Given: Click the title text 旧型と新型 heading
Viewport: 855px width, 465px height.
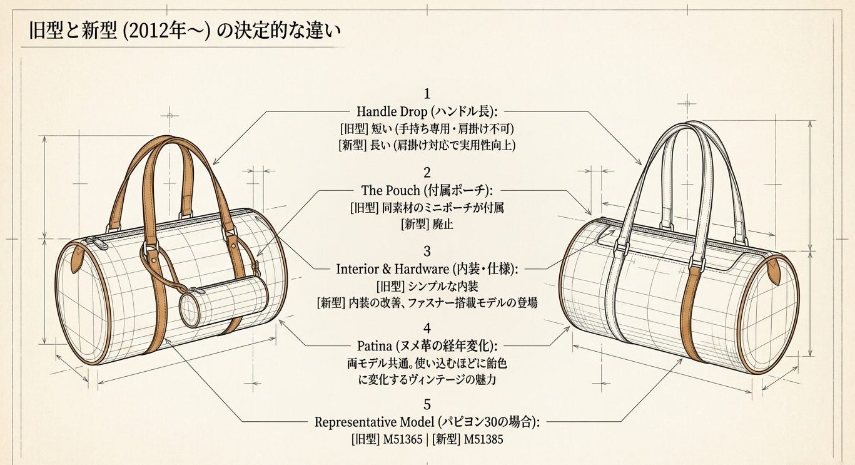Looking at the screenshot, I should (181, 32).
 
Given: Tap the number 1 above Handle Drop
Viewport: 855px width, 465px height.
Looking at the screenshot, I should (427, 95).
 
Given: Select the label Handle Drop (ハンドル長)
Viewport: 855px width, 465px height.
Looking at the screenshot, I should (427, 112).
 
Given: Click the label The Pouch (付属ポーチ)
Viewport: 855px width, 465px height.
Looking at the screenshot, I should (427, 190).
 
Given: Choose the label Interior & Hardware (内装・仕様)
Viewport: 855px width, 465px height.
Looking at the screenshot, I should (427, 269).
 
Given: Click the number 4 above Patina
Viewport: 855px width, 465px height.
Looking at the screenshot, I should (427, 328).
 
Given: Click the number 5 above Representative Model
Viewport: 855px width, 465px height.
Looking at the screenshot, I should (427, 406).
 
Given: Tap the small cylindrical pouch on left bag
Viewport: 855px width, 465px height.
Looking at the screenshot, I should (224, 298).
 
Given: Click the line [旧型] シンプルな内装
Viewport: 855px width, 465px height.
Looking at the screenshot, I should (427, 287).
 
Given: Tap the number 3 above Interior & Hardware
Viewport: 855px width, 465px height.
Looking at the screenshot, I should (427, 252).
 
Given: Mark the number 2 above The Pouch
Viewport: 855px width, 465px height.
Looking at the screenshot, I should (427, 173).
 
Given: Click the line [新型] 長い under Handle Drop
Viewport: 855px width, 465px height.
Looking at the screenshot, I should (427, 145).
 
